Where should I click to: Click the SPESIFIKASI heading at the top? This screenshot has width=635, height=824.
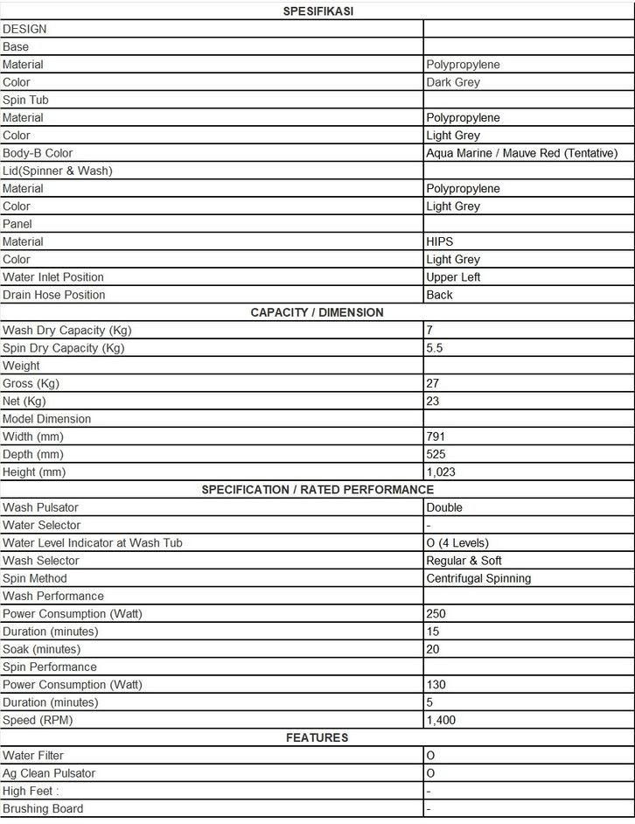pyautogui.click(x=317, y=11)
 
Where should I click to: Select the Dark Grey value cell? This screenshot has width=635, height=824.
pyautogui.click(x=452, y=82)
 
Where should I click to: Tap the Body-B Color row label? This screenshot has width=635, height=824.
pyautogui.click(x=38, y=153)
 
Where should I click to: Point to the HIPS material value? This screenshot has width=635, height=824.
pyautogui.click(x=440, y=241)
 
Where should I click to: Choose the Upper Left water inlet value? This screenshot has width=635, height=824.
pyautogui.click(x=453, y=277)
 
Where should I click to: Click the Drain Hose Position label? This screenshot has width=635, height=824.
pyautogui.click(x=53, y=295)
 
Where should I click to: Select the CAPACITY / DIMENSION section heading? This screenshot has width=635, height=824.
pyautogui.click(x=317, y=312)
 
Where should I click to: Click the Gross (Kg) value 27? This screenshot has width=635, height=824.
pyautogui.click(x=433, y=383)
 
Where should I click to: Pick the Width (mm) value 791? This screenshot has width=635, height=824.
pyautogui.click(x=436, y=436)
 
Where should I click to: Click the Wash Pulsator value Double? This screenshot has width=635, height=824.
pyautogui.click(x=444, y=507)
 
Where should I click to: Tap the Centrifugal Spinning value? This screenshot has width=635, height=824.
pyautogui.click(x=478, y=578)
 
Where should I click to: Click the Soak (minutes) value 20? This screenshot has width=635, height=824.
pyautogui.click(x=433, y=649)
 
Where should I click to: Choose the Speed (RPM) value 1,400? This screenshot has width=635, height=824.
pyautogui.click(x=441, y=720)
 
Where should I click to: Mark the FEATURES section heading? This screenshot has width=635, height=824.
pyautogui.click(x=317, y=737)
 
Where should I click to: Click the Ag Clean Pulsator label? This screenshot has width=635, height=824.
pyautogui.click(x=49, y=773)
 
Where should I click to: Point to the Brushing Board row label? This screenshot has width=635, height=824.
pyautogui.click(x=43, y=809)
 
